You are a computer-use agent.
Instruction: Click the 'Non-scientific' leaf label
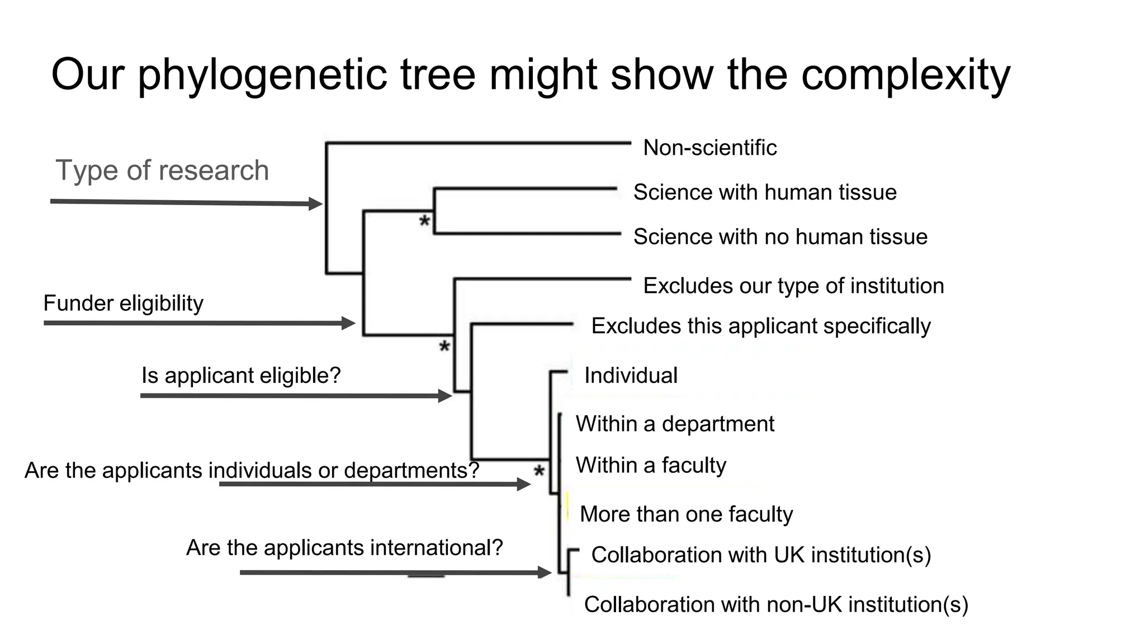709,148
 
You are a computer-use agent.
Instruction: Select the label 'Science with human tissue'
764,192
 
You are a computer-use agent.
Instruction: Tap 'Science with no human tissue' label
780,237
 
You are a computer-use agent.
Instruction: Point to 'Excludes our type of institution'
793,286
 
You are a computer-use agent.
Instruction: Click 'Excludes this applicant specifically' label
760,326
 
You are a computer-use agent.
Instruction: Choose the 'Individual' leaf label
630,376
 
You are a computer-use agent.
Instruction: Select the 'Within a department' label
674,424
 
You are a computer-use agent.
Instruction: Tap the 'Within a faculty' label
650,465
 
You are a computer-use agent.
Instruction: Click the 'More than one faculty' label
686,514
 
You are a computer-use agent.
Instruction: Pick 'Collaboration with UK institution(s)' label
760,555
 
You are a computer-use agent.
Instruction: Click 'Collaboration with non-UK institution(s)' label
775,604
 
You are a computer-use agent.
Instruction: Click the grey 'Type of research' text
162,170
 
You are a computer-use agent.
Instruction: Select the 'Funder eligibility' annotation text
123,304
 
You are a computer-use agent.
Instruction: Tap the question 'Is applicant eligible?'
241,375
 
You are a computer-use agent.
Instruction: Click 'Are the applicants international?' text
344,547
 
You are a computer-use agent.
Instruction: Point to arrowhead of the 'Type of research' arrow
316,203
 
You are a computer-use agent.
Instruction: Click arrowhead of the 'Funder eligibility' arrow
349,323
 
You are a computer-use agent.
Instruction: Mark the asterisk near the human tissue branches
424,221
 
